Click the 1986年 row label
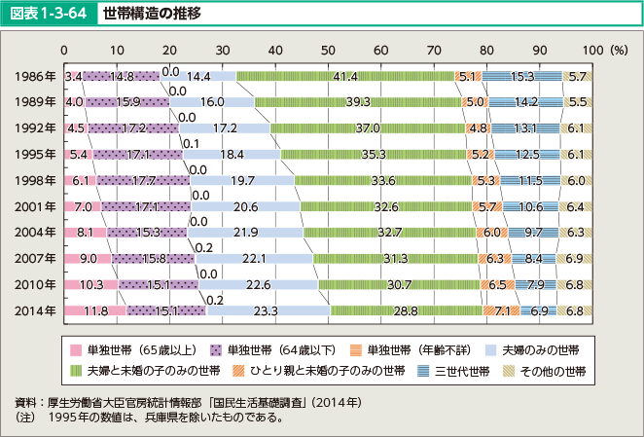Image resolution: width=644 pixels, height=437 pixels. (x=36, y=75)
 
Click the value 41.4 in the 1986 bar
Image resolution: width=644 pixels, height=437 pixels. (x=345, y=75)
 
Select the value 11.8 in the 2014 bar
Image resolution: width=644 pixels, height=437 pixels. (x=93, y=310)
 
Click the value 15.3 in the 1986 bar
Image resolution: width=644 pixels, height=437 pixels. (x=522, y=75)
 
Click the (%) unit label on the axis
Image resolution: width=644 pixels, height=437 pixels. (x=614, y=50)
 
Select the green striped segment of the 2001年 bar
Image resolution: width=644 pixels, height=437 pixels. (x=385, y=206)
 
